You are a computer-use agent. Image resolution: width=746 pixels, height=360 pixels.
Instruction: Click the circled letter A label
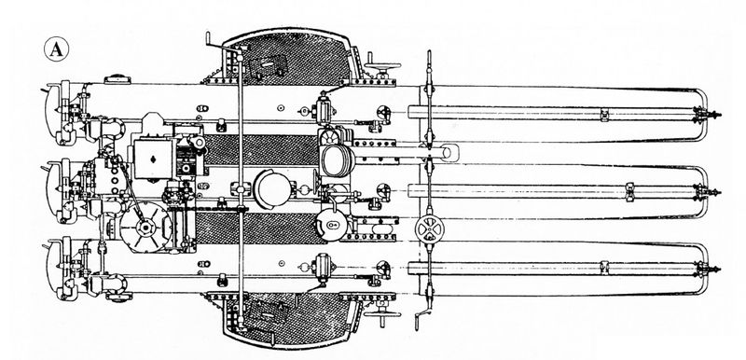[56, 49]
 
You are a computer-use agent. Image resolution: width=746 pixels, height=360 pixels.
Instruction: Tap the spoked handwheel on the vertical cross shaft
[429, 229]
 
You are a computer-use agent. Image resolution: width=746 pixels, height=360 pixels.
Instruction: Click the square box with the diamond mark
[153, 159]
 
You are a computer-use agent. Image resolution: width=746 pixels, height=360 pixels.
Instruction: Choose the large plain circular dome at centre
[272, 188]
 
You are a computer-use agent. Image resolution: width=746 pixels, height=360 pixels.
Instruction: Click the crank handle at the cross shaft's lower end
[422, 319]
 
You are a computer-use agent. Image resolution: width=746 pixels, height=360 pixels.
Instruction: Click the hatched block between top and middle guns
[261, 150]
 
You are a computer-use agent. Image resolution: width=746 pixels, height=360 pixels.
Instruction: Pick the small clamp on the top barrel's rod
[604, 115]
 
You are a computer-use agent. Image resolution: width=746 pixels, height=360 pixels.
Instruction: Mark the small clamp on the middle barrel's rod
[630, 191]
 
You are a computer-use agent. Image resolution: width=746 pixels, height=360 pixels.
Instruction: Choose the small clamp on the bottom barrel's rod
[604, 268]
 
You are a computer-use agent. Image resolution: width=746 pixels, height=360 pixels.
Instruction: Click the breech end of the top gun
[60, 113]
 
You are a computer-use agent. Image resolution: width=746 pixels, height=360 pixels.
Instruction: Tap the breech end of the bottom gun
[60, 268]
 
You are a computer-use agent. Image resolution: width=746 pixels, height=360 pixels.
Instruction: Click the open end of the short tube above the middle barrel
[449, 153]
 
